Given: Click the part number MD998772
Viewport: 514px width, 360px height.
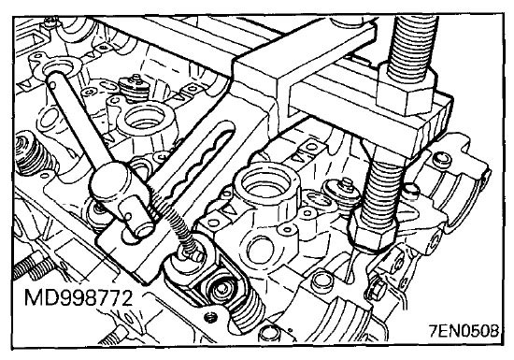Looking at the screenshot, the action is (x=79, y=298).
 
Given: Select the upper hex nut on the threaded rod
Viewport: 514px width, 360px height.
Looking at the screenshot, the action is (x=406, y=91).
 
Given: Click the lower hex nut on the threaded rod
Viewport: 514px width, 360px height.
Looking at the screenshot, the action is (x=372, y=232).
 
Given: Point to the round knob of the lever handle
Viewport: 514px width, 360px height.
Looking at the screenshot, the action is (x=109, y=181).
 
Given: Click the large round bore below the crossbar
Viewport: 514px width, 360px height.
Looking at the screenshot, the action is (x=266, y=186).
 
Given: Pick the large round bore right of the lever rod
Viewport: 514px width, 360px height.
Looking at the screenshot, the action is (x=144, y=118).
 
